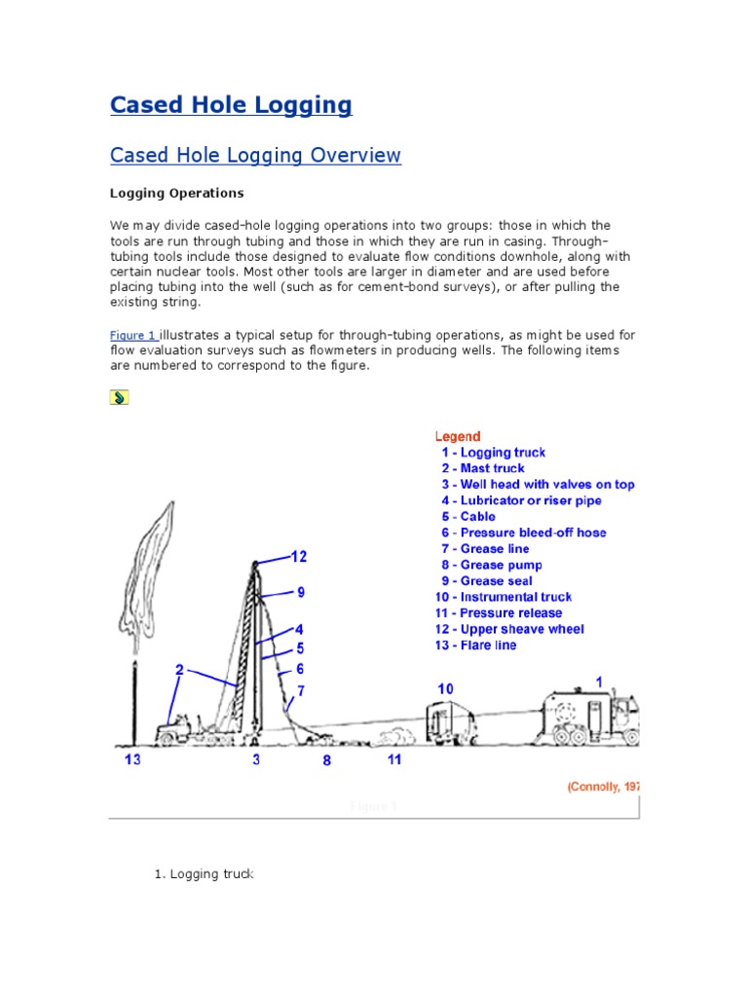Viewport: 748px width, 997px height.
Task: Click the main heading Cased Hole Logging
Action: tap(231, 105)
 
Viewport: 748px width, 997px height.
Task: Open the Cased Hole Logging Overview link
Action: tap(255, 156)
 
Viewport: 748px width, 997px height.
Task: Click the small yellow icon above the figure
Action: tap(118, 397)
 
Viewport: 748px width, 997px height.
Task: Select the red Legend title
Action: tap(457, 437)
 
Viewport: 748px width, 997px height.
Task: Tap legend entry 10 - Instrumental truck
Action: tap(503, 597)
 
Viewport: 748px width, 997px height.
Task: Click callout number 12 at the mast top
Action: tap(299, 557)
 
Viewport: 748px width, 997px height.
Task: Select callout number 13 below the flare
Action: tap(132, 759)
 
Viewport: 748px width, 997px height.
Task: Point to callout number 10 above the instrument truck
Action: tap(444, 689)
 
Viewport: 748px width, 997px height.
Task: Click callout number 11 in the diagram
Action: tap(393, 759)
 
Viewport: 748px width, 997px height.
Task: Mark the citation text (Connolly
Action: tap(602, 787)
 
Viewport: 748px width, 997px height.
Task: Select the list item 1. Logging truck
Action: tap(204, 874)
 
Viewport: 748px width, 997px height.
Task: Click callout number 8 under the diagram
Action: tap(327, 760)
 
